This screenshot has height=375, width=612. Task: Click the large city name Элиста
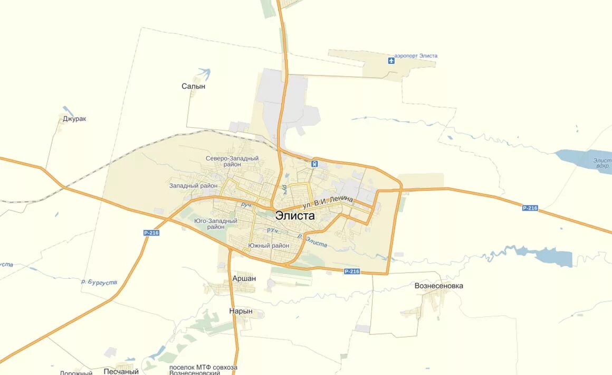tap(295, 215)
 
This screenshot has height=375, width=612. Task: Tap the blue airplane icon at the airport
tap(391, 60)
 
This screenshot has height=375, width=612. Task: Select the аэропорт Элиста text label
tap(416, 56)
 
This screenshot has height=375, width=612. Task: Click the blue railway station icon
tap(314, 164)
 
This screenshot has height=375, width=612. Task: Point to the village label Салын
tap(193, 86)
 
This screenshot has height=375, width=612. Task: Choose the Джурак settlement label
tap(74, 119)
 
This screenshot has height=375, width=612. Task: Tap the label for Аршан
tap(244, 278)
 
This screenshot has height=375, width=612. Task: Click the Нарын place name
tap(241, 311)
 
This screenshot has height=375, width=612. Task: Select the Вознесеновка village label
tap(439, 286)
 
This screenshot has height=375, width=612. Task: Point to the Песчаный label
tap(121, 371)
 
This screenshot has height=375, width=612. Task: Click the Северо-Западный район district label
tap(232, 161)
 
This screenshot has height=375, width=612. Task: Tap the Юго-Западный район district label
tap(215, 223)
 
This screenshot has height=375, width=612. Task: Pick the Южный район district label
tap(269, 246)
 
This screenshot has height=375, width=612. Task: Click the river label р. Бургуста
tap(99, 282)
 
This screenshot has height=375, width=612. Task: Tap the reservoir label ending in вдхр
tap(602, 163)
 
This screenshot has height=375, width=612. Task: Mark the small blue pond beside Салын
tap(204, 72)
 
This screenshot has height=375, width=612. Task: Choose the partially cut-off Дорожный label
tap(76, 372)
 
